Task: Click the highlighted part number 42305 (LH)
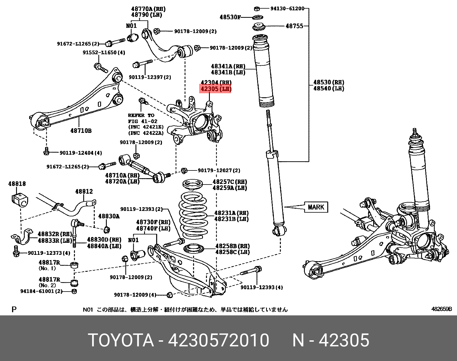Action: [x=216, y=89]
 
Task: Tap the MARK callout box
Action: [x=316, y=207]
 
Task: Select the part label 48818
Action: [x=17, y=184]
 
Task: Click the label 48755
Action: [x=294, y=26]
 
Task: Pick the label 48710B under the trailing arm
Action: [x=81, y=131]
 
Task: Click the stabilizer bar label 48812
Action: [x=84, y=191]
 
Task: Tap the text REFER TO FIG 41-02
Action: [x=143, y=118]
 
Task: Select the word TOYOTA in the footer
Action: [x=121, y=340]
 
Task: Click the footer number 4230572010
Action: [x=218, y=340]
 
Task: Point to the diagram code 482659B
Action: [x=441, y=309]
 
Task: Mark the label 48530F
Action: [x=230, y=17]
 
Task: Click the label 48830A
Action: [x=109, y=216]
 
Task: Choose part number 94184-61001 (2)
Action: [x=41, y=291]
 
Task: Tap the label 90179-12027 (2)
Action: [x=219, y=170]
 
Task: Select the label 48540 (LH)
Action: [x=329, y=89]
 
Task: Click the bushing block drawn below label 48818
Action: [x=20, y=200]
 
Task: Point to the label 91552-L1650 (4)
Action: [x=104, y=53]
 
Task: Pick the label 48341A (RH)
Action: [x=228, y=67]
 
